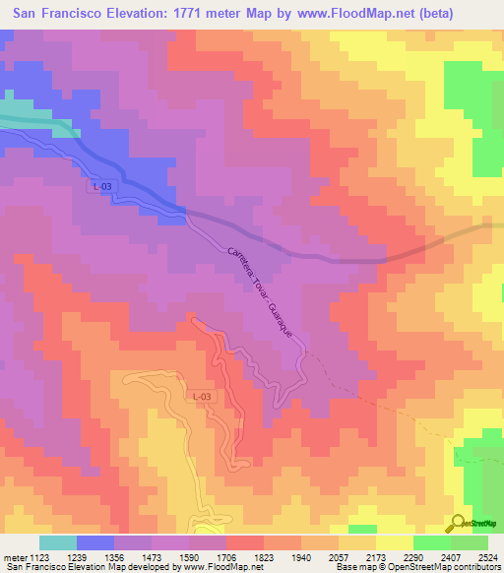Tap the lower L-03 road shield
[x=200, y=396]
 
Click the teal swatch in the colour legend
[x=58, y=542]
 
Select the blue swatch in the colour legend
[x=95, y=542]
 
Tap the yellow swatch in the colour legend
[x=394, y=542]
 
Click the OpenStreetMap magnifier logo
[x=459, y=524]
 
